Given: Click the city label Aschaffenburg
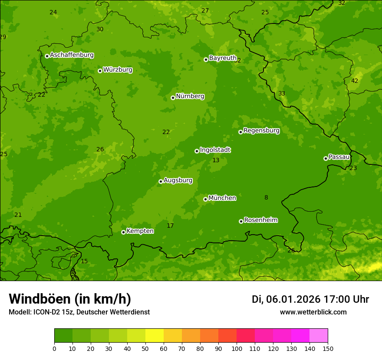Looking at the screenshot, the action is (72, 55).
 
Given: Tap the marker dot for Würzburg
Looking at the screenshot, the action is (100, 71).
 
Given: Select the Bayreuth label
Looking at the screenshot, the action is (223, 58).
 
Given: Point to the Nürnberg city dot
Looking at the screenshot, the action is (173, 98).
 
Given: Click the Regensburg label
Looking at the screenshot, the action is (261, 131).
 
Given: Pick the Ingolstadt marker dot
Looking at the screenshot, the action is (197, 151).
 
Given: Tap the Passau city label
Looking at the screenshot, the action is (339, 157).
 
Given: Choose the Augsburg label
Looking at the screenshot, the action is (178, 180).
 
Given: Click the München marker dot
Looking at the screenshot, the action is (205, 199).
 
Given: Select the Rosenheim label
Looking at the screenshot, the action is (261, 220).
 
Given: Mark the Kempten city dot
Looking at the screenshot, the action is (123, 232).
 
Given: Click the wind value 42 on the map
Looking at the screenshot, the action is (355, 81).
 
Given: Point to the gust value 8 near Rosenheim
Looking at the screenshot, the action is (266, 198).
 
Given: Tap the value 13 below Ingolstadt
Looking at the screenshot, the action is (216, 160).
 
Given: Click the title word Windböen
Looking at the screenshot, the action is (40, 299).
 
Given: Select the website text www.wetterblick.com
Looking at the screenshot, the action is (313, 312).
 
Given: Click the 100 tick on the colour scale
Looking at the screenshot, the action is (237, 348).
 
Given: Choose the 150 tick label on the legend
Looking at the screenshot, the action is (328, 348).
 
